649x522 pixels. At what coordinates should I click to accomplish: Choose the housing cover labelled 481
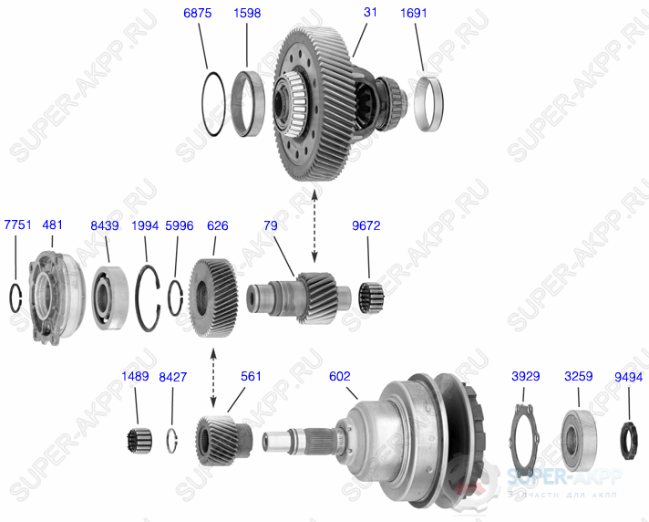click(x=52, y=296)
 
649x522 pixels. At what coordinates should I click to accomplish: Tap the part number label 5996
click(x=179, y=225)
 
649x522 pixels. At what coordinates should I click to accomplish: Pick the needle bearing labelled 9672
click(x=368, y=296)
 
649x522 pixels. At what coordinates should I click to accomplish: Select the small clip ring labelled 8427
click(x=172, y=439)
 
